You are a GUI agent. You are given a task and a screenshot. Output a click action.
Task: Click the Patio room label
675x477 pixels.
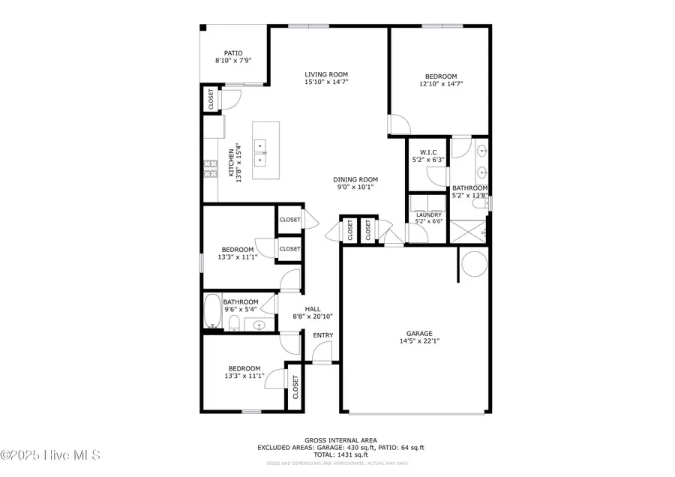coord(233,53)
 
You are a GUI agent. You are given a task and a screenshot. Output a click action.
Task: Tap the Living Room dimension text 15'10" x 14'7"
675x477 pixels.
coord(326,83)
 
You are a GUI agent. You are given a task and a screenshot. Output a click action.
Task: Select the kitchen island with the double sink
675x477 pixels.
coord(265,150)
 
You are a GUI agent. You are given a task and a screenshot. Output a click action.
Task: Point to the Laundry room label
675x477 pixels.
coord(428,215)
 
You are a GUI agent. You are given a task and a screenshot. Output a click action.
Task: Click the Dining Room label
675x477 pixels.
coord(355,179)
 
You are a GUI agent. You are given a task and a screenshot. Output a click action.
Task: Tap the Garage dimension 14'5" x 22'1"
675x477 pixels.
coord(420,341)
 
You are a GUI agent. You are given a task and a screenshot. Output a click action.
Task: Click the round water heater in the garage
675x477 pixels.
coord(473,263)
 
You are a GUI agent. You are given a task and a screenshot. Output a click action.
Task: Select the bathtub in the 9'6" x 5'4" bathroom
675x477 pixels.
coord(211,311)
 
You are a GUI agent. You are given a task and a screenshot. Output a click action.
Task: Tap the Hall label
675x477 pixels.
coord(313,309)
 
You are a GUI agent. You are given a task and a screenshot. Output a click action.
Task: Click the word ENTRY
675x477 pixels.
coord(323,335)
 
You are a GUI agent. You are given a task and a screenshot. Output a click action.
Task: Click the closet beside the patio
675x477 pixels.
coord(211,100)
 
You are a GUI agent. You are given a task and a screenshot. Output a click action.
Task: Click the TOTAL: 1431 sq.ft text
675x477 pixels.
coord(340,455)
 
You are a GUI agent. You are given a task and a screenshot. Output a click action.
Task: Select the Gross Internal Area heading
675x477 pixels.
coord(340,440)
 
